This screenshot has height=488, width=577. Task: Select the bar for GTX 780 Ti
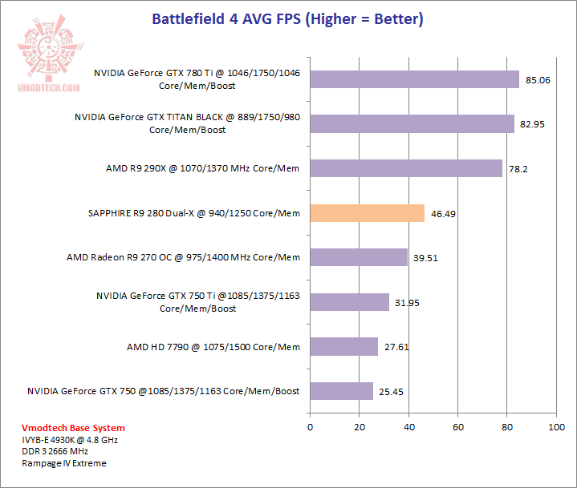click(414, 79)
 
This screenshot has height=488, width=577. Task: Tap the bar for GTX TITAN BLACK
click(412, 123)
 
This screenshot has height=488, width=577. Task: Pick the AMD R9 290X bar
click(406, 168)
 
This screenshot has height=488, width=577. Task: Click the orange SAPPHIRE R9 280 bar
click(367, 213)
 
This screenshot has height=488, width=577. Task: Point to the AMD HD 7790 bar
click(343, 346)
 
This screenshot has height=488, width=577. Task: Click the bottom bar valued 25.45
click(341, 391)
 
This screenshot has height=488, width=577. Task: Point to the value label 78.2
click(516, 169)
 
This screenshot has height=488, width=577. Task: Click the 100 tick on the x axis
click(556, 428)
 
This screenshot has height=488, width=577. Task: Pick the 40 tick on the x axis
click(408, 428)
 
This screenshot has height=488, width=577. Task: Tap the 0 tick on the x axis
click(310, 428)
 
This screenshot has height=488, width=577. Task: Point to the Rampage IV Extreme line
click(64, 463)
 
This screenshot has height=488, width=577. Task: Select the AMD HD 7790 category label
click(213, 347)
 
